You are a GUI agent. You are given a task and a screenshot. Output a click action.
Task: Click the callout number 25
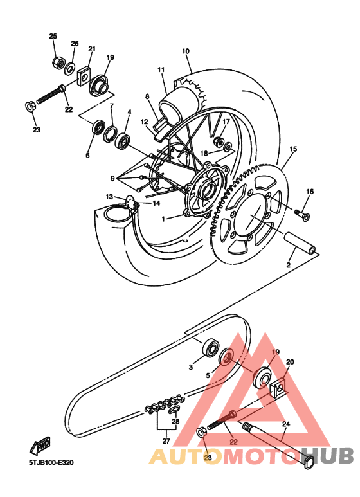click(53, 36)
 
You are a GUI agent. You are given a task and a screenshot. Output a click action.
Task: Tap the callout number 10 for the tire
click(186, 51)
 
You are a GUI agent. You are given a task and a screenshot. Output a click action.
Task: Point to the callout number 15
click(293, 149)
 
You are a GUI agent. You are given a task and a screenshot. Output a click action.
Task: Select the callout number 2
click(289, 264)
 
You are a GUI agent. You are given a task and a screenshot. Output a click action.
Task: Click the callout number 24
click(286, 424)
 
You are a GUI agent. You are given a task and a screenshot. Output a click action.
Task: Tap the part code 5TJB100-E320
click(51, 461)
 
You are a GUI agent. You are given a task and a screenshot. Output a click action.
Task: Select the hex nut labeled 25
click(56, 62)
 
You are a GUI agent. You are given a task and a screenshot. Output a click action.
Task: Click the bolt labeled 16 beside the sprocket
click(301, 211)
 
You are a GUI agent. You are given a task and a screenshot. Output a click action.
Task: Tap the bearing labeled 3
click(210, 349)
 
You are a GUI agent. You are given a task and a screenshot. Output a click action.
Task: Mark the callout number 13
click(110, 197)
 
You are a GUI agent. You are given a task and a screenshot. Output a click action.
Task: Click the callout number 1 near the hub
click(163, 219)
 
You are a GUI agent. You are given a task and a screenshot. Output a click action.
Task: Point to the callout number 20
click(290, 363)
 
